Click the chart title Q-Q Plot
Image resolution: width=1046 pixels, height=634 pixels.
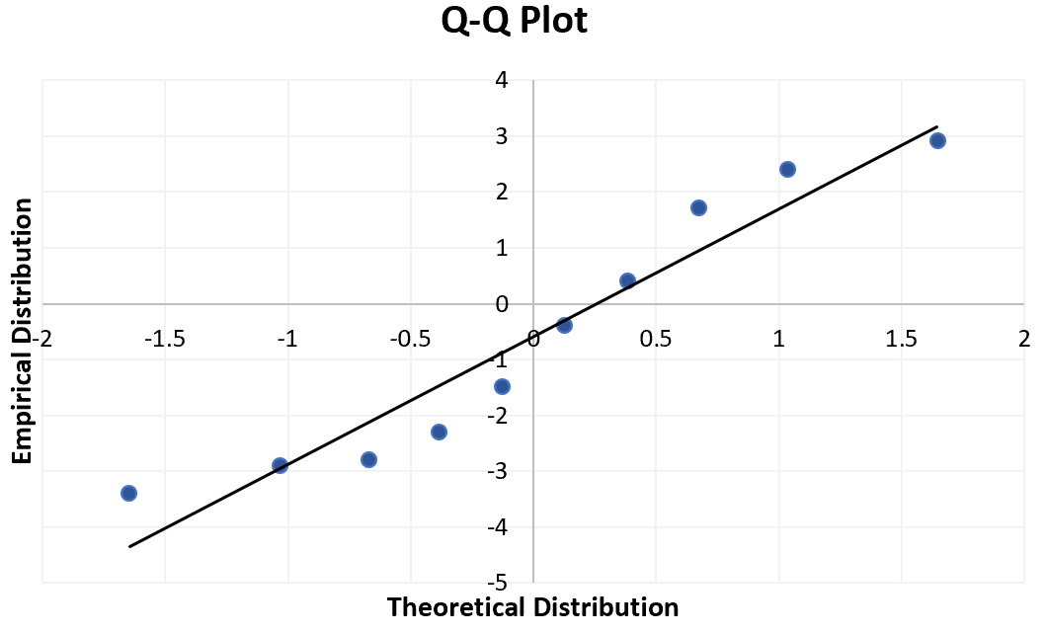pos(514,22)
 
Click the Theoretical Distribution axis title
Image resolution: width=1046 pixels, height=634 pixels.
pos(532,606)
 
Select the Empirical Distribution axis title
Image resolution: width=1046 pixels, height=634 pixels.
pos(23,331)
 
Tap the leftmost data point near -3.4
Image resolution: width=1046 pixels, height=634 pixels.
pos(128,493)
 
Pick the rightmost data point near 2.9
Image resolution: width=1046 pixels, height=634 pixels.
pos(937,140)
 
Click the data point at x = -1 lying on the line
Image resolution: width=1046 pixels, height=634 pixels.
pos(280,465)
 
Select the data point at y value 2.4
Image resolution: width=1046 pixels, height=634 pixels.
pos(787,169)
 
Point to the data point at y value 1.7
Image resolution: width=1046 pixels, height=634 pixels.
pos(698,207)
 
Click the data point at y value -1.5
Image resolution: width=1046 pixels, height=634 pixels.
pos(502,386)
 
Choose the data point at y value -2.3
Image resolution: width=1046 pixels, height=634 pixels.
pos(439,432)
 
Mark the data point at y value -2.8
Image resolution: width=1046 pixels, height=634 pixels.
pos(368,459)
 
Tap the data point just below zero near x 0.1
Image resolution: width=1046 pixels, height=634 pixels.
pos(564,325)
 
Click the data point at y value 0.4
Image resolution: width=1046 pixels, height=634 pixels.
pos(627,280)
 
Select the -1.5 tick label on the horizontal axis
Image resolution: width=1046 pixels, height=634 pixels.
pos(164,340)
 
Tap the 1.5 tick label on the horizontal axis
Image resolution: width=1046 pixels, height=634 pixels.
pos(902,340)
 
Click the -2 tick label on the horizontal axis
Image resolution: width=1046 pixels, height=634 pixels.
pos(41,340)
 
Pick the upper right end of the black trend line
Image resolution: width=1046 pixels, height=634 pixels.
pos(936,126)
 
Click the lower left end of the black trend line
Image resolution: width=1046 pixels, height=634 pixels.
pos(129,546)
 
